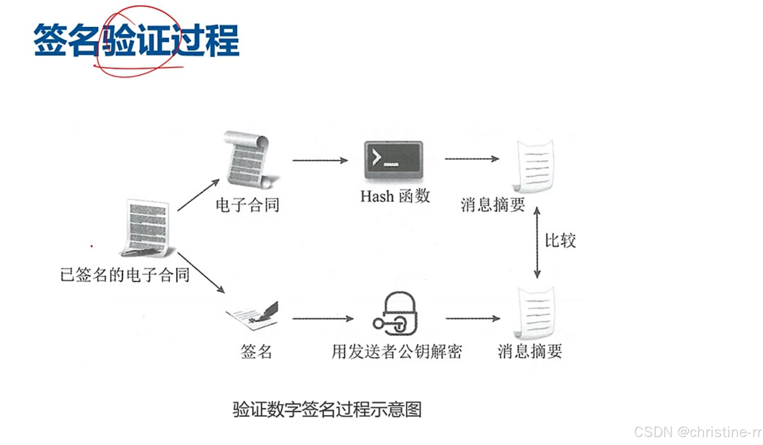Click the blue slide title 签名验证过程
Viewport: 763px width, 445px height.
tap(136, 40)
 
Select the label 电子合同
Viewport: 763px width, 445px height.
tap(248, 205)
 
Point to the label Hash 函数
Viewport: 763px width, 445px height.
tap(395, 197)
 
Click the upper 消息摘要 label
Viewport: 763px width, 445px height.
tap(493, 205)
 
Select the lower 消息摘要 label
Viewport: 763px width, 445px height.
tap(529, 351)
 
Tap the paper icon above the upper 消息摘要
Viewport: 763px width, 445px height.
tap(534, 166)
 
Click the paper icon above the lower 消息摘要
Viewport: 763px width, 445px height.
tap(535, 313)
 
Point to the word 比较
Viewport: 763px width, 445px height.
tap(560, 241)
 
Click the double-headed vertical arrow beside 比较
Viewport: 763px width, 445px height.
tap(537, 243)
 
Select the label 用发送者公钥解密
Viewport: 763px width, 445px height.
tap(397, 351)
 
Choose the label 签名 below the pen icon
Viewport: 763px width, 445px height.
tap(256, 351)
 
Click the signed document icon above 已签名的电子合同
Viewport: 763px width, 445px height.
tap(147, 228)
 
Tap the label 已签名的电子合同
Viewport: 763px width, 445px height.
tap(125, 275)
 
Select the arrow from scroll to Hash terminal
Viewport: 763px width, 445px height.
tap(320, 160)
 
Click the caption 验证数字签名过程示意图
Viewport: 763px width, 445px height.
tap(327, 410)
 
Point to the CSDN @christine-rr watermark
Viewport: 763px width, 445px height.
tap(697, 432)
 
